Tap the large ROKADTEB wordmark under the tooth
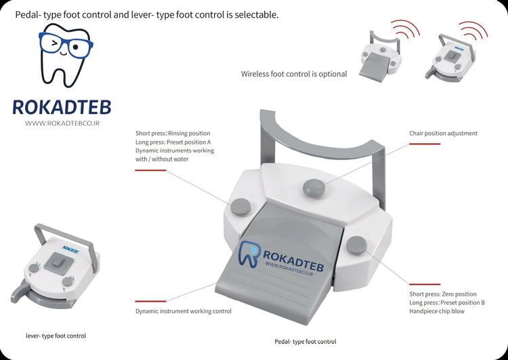[x=62, y=107]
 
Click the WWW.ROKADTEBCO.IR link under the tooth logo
[x=62, y=123]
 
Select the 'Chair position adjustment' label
[x=443, y=134]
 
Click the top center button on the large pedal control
[x=314, y=188]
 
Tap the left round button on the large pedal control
[x=240, y=207]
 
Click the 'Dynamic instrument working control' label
[x=184, y=311]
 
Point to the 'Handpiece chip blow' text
[x=437, y=311]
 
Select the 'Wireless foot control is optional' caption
[x=294, y=74]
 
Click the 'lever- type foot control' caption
[x=56, y=336]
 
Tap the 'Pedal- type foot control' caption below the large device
[x=305, y=342]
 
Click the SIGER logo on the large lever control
[x=70, y=248]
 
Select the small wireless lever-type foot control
[x=450, y=58]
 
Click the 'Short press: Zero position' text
[x=443, y=294]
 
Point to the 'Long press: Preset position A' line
[x=173, y=142]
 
